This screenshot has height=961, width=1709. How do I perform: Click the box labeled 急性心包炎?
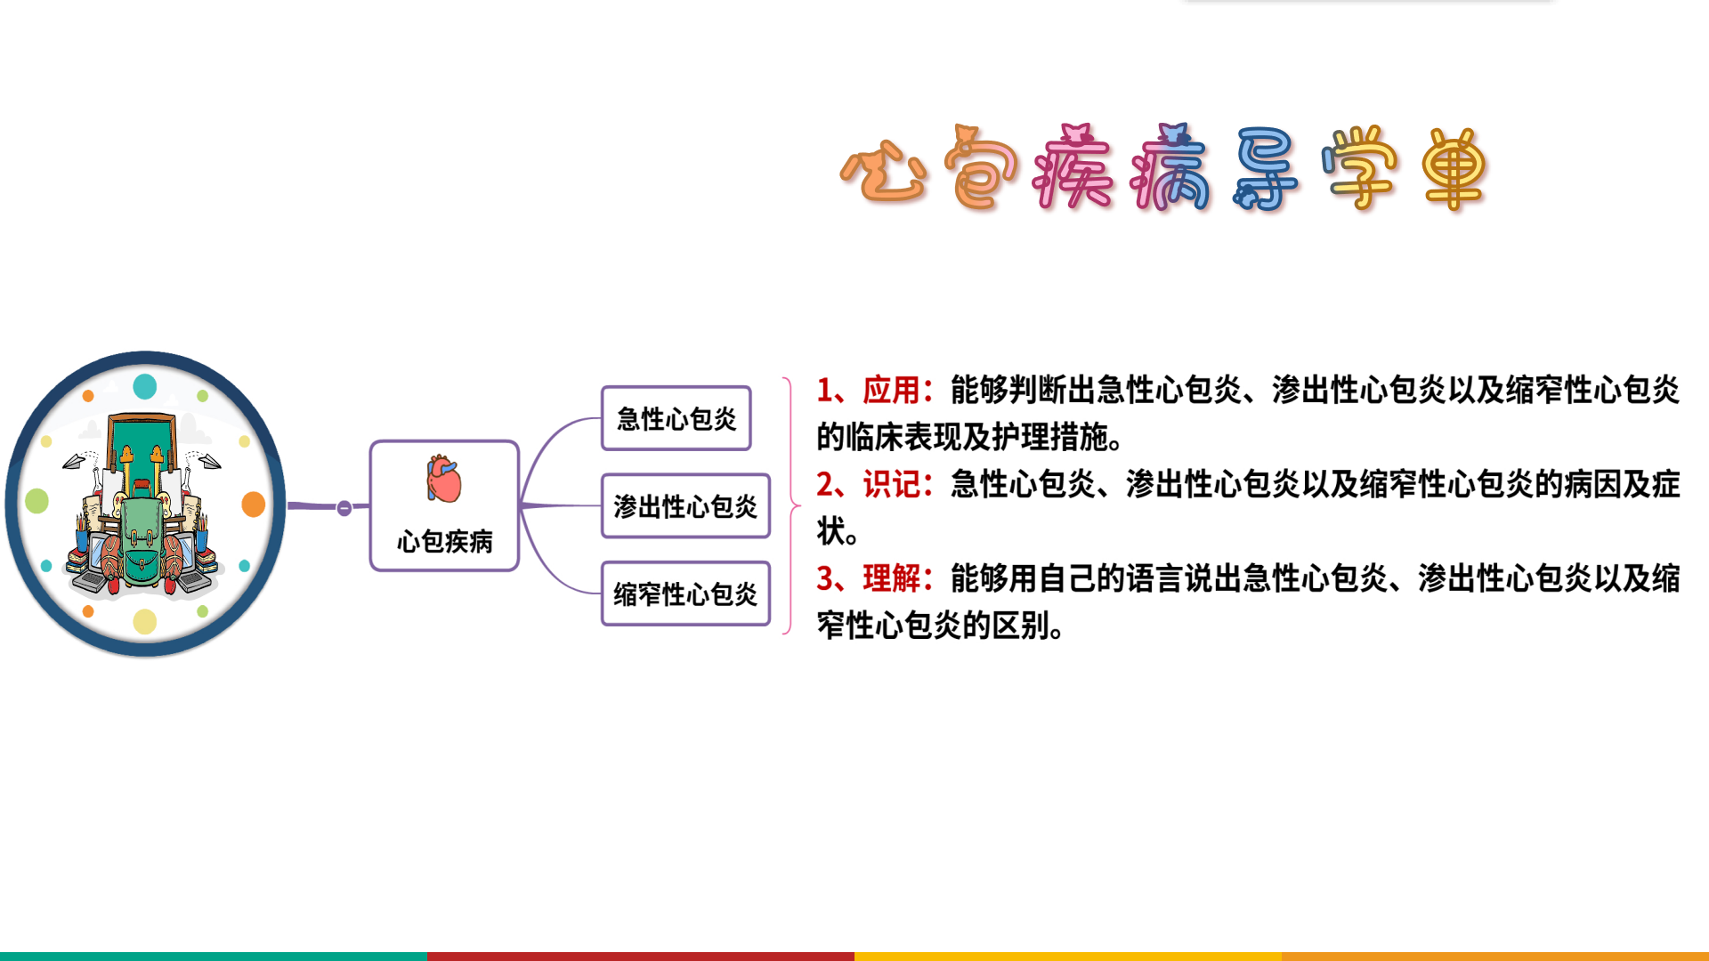(676, 418)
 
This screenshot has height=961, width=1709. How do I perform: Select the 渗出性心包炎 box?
(685, 506)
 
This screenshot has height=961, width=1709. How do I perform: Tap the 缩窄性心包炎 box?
(685, 594)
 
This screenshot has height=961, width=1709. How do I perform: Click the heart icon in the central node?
(444, 480)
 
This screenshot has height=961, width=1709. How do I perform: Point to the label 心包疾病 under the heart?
(444, 541)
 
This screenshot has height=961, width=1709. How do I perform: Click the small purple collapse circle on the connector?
(344, 508)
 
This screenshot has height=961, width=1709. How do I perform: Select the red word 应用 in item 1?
(891, 390)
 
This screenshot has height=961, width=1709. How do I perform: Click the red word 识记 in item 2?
(891, 484)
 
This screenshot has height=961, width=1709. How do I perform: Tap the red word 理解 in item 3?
(891, 578)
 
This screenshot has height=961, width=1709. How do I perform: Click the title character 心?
(884, 171)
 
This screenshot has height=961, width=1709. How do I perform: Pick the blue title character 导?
(1266, 169)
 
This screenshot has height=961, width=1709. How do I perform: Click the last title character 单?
(1454, 169)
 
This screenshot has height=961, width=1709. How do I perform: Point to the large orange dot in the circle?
(254, 505)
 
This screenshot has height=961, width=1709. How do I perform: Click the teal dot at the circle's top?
(145, 386)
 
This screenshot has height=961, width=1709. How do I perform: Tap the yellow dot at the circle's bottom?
(145, 621)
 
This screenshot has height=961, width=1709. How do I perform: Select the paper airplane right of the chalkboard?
(208, 461)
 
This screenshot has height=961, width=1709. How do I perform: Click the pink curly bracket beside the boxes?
(789, 505)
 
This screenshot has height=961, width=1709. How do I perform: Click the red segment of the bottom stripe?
(641, 957)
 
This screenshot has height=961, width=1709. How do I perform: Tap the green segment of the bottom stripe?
(214, 957)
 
